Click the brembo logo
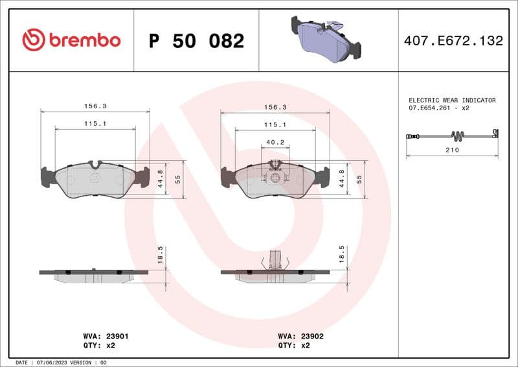(x=71, y=40)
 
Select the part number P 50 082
(x=196, y=41)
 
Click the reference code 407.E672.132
(x=453, y=41)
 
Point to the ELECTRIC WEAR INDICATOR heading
(x=452, y=101)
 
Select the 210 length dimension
(x=452, y=150)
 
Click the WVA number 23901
(x=117, y=337)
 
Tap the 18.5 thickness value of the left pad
(x=160, y=254)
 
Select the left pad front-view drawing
(x=95, y=180)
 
